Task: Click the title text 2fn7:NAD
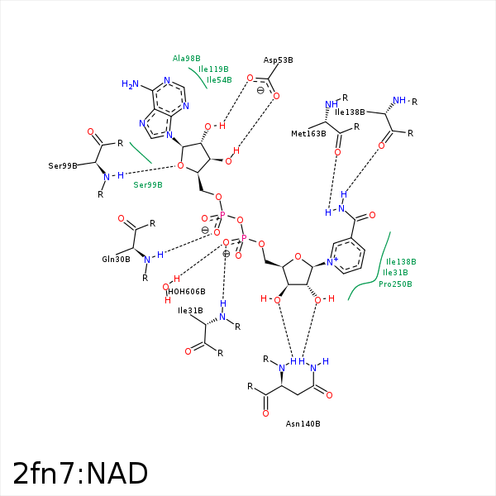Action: (x=80, y=473)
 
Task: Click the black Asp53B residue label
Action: (x=279, y=60)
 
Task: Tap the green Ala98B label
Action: (x=186, y=59)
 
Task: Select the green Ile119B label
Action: (x=213, y=69)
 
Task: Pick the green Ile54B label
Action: (x=219, y=80)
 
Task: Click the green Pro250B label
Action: (x=395, y=284)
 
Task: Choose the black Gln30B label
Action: (x=116, y=259)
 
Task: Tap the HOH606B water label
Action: (x=186, y=292)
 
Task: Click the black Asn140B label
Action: (x=303, y=424)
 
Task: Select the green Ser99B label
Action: (x=148, y=184)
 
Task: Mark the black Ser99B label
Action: (x=63, y=165)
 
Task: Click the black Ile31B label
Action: (x=191, y=311)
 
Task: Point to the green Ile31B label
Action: (x=395, y=273)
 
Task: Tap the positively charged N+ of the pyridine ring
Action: (x=331, y=262)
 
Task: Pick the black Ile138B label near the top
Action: (x=350, y=112)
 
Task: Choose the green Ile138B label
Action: (x=401, y=261)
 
